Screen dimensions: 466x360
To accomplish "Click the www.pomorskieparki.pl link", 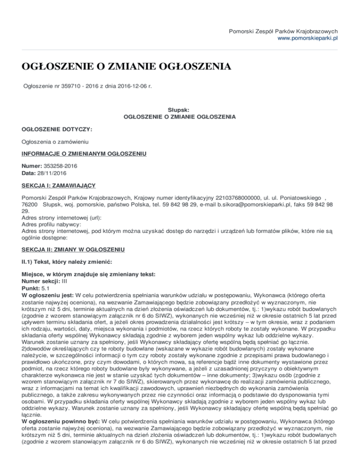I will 308,38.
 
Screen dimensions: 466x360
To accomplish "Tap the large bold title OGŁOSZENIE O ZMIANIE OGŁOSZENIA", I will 127,66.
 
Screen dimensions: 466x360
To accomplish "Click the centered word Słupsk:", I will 180,108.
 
